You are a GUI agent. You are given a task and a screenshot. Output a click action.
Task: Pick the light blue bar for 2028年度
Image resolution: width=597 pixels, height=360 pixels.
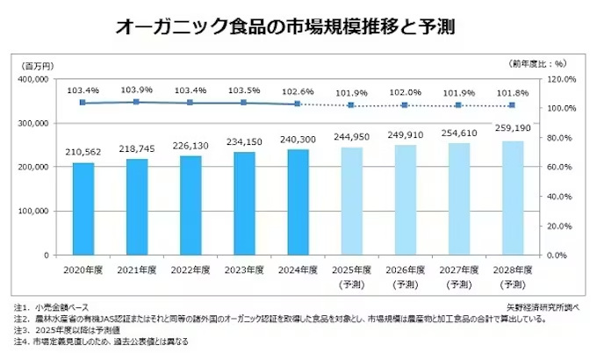[x=512, y=198]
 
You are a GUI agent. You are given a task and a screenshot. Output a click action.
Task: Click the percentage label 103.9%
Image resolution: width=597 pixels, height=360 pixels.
[x=136, y=90]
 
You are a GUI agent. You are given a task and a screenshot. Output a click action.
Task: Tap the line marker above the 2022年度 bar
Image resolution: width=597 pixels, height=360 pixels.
[x=190, y=103]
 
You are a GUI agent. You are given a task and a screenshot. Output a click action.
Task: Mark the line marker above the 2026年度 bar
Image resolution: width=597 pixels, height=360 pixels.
[x=405, y=105]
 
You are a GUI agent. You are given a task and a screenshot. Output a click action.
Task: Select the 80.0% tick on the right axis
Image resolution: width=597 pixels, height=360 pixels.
[x=561, y=138]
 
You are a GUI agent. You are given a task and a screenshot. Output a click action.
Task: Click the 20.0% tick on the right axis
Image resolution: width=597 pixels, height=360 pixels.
[x=561, y=226]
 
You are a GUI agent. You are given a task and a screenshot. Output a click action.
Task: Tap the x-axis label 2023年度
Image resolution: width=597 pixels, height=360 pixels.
[x=243, y=269]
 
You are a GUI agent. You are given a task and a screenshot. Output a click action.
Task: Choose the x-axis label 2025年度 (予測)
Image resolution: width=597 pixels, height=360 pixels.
[x=351, y=276]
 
